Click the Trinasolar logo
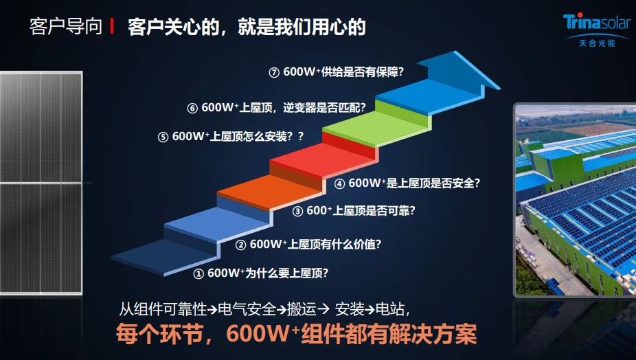(x=597, y=30)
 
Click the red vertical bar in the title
(x=112, y=26)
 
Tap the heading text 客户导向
(x=66, y=26)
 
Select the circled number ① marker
(x=198, y=274)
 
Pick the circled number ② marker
(x=241, y=245)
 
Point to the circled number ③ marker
(x=297, y=212)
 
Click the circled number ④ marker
(x=339, y=184)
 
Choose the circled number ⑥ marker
(x=192, y=109)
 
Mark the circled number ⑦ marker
(x=274, y=73)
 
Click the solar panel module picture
(x=41, y=183)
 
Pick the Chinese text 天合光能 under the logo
(x=597, y=43)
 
